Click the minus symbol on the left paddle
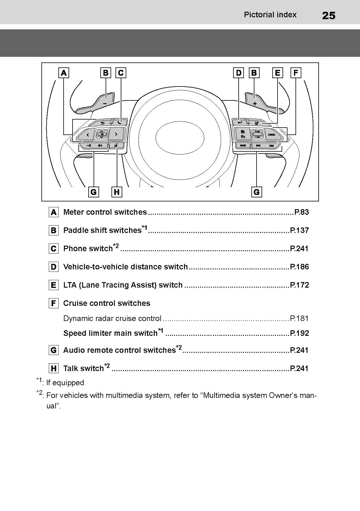pos(105,103)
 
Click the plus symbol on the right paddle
pos(255,103)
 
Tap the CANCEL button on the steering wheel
pos(272,135)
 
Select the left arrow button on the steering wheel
pos(88,135)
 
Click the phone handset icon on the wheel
pos(120,123)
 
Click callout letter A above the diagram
pos(64,73)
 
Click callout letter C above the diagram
pos(121,73)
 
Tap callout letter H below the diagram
pos(117,192)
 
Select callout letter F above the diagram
pos(296,73)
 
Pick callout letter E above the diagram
pos(278,73)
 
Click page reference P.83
pos(301,212)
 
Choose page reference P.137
pos(299,230)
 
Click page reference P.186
pos(299,267)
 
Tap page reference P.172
pos(299,285)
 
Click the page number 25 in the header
pos(329,15)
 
